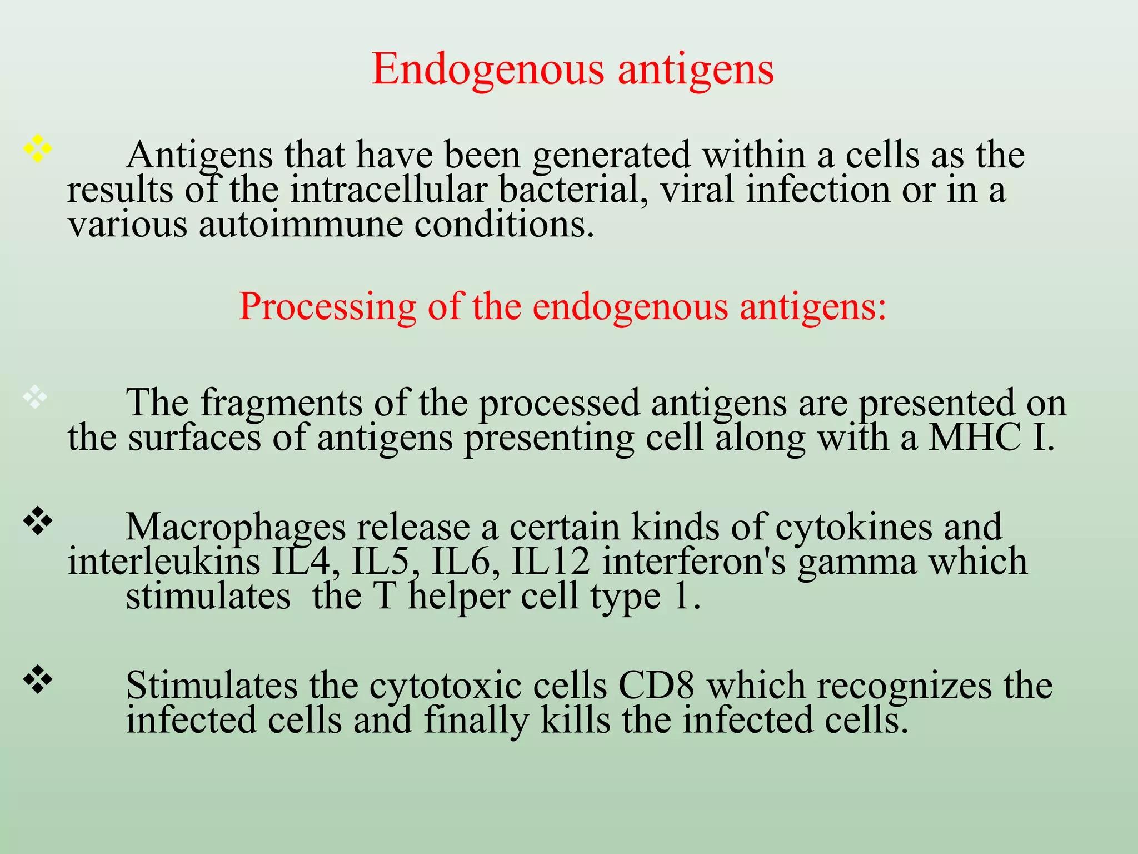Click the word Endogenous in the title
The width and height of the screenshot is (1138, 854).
(x=488, y=70)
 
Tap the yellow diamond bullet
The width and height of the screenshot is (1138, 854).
(x=37, y=148)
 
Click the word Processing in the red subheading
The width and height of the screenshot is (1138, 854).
(x=327, y=307)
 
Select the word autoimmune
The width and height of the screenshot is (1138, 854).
(x=301, y=225)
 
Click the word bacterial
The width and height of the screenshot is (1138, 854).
(x=573, y=190)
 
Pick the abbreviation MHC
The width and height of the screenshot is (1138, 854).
(x=975, y=438)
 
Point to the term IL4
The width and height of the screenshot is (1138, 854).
(x=306, y=562)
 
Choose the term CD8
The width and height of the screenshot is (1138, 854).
(x=656, y=686)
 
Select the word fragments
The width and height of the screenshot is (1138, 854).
(x=281, y=403)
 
